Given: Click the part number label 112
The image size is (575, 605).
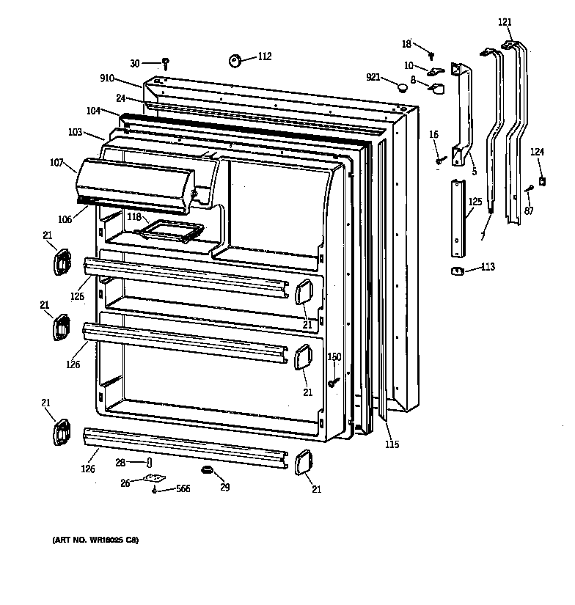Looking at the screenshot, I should click(264, 56).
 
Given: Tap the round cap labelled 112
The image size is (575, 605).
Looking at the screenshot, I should click(236, 60).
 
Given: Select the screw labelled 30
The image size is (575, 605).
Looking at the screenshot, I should click(166, 64).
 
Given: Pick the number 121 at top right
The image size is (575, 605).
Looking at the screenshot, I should click(505, 23).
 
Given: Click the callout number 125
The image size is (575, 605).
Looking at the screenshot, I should click(475, 201).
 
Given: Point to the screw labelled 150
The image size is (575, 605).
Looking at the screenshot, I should click(333, 381).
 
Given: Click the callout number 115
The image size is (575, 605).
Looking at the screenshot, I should click(392, 444).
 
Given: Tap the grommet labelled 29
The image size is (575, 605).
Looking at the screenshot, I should click(205, 469).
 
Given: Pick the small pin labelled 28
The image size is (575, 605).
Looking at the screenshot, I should click(149, 462).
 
